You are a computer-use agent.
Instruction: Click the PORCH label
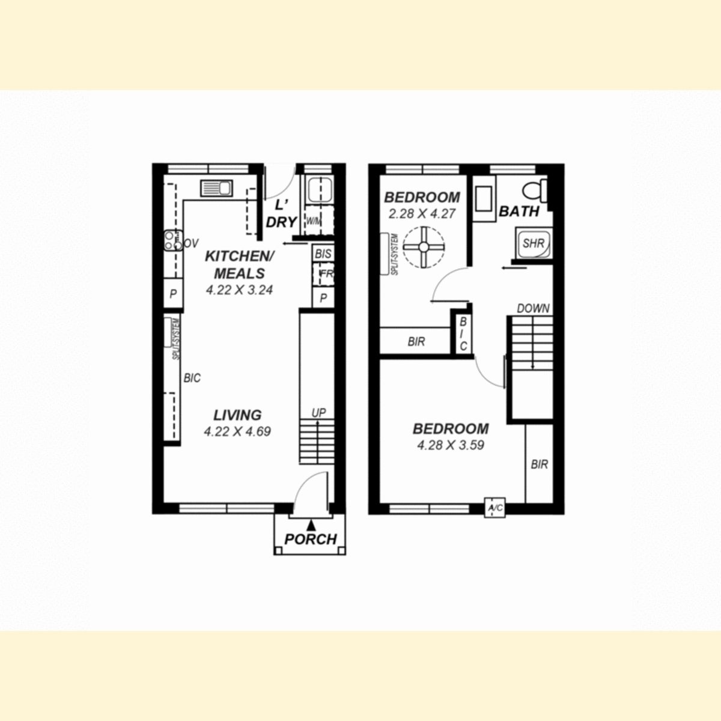click(311, 539)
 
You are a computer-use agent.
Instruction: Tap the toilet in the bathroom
click(535, 190)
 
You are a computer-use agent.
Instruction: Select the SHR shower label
click(533, 243)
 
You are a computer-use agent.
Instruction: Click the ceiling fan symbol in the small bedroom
click(424, 247)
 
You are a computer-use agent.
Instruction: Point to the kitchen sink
click(217, 188)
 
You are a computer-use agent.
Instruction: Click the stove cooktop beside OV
click(173, 240)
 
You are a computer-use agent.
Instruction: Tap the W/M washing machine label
click(314, 222)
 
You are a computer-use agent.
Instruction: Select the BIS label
click(323, 254)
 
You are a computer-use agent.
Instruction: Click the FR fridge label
click(327, 273)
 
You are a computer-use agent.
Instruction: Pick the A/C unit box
click(494, 508)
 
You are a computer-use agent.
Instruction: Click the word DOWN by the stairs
click(533, 308)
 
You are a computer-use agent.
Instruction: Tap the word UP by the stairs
click(319, 413)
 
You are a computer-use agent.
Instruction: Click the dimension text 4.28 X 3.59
click(451, 445)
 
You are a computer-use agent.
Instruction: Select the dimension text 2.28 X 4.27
click(422, 214)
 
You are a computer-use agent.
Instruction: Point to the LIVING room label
click(237, 415)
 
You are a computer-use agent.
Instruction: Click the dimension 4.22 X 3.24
click(240, 290)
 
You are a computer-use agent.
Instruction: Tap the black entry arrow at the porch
click(311, 525)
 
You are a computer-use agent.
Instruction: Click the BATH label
click(519, 211)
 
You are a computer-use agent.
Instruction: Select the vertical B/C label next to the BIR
click(463, 333)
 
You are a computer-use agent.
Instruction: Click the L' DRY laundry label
click(281, 214)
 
